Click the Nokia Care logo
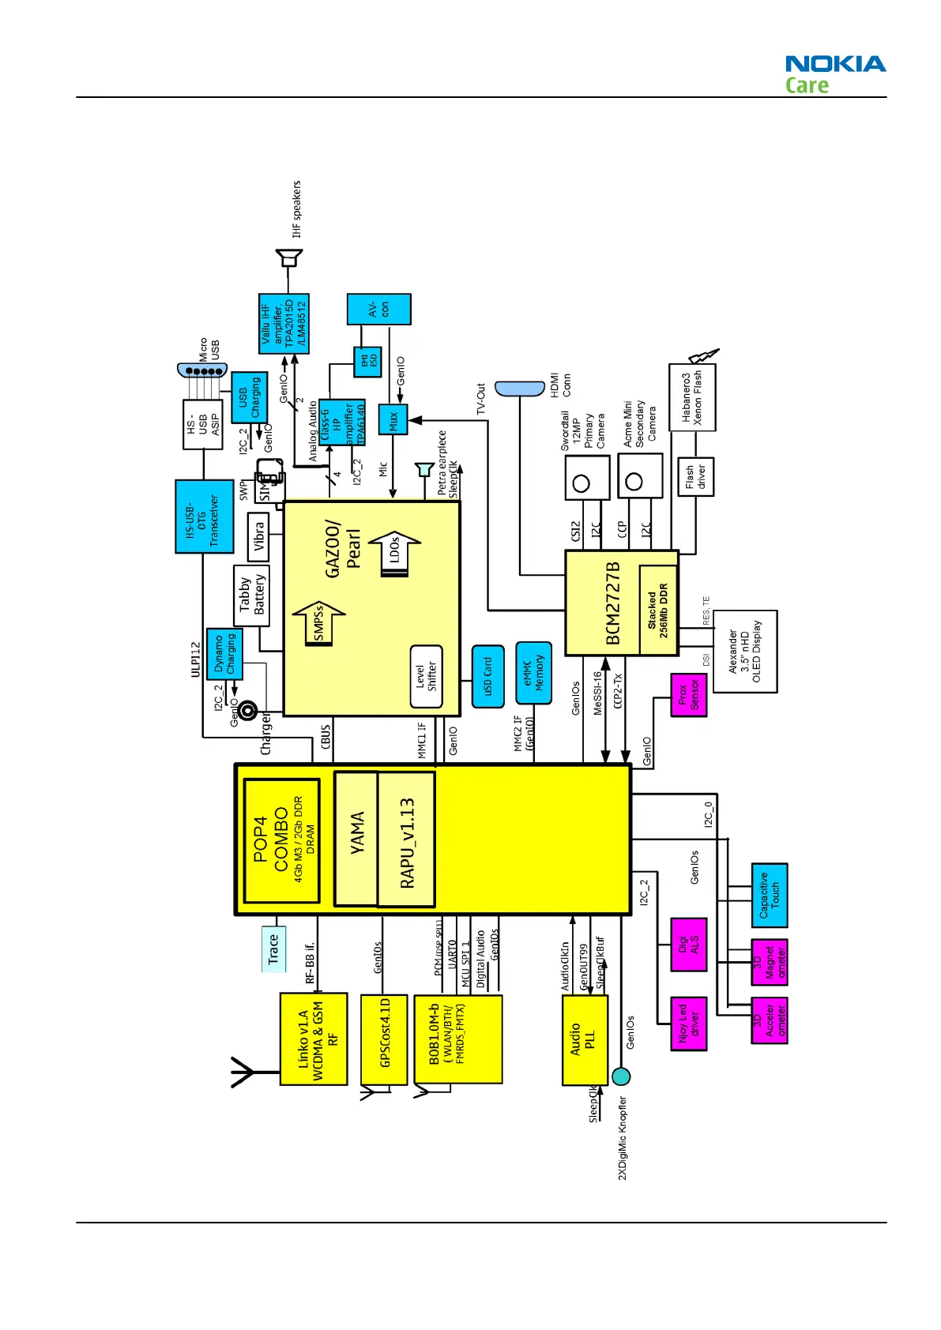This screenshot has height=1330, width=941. tap(834, 74)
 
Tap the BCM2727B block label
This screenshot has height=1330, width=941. tap(613, 603)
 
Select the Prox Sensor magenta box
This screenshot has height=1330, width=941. tap(688, 695)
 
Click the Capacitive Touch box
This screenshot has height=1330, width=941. tap(769, 895)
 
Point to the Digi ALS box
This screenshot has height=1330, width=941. tap(688, 945)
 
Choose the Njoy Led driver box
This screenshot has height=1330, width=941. tap(688, 1024)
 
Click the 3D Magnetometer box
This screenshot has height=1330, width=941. tap(769, 962)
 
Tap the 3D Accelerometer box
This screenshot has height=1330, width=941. tap(769, 1020)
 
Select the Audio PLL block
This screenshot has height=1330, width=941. tap(585, 1039)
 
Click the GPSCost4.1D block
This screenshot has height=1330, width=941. tap(384, 1039)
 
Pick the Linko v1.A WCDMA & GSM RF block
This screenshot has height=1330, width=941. tap(314, 1039)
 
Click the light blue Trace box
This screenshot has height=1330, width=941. tap(273, 949)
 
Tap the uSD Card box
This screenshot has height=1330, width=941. tap(487, 676)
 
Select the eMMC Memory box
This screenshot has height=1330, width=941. tap(533, 673)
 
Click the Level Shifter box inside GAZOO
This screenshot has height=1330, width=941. tap(426, 677)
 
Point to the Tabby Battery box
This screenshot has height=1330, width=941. tap(251, 595)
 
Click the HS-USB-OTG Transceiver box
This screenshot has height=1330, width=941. tap(204, 516)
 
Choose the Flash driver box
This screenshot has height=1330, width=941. tap(695, 477)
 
